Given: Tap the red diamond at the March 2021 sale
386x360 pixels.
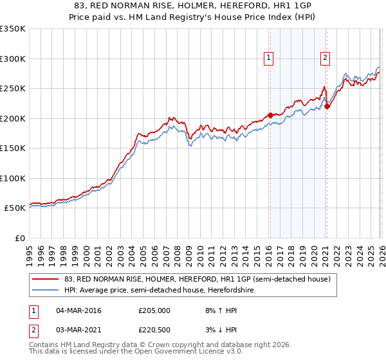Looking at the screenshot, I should [327, 106].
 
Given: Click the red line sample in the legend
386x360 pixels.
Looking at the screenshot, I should [46, 279].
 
